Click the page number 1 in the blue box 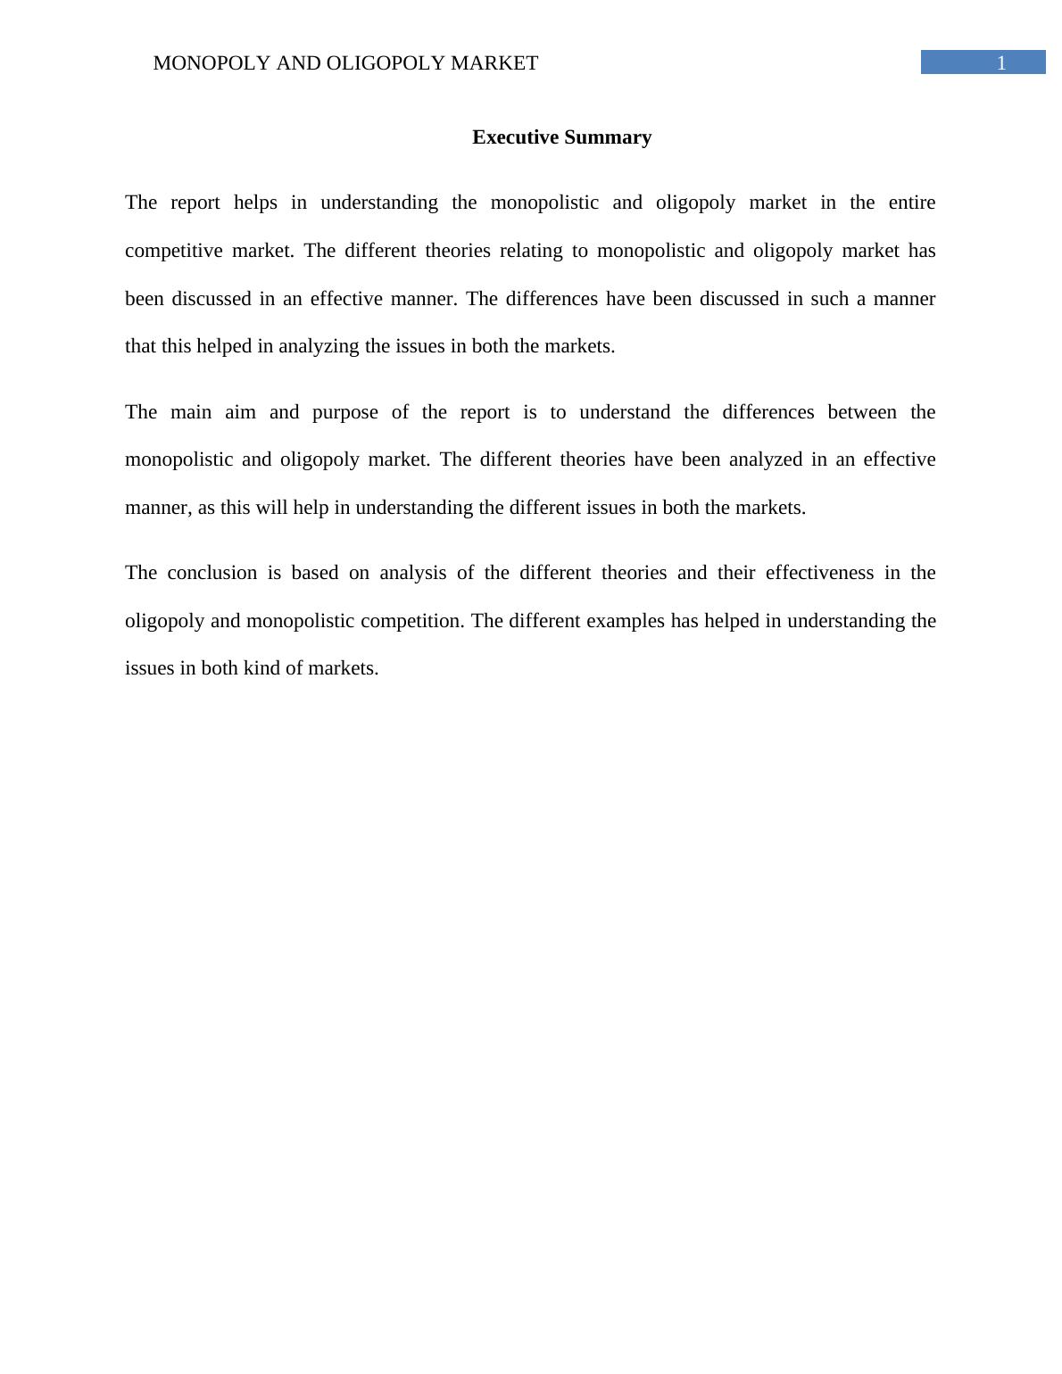[x=1001, y=63]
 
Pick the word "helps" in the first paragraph [x=255, y=203]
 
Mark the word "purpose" [x=345, y=412]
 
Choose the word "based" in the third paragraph [x=315, y=573]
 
